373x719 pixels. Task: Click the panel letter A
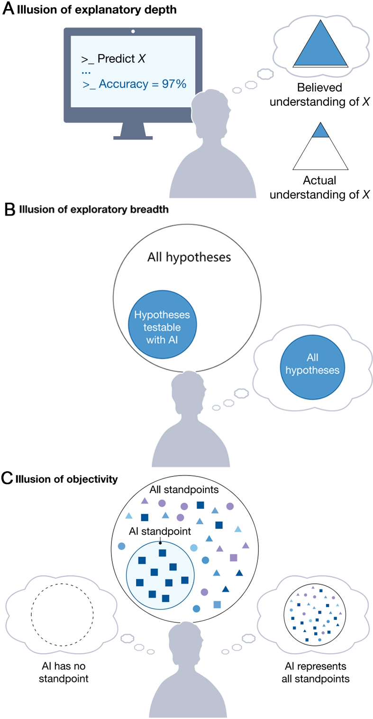[8, 10]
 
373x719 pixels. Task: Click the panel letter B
[8, 210]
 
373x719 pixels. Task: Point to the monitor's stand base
[133, 138]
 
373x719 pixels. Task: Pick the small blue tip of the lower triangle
[320, 131]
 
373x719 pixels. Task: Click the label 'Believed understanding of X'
[320, 94]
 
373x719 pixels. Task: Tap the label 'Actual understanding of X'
[320, 187]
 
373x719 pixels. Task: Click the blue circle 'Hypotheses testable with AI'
[162, 327]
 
